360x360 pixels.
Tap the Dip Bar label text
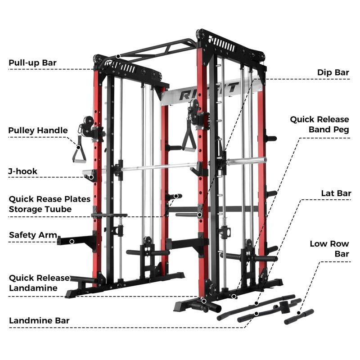333,72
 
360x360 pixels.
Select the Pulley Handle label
38,130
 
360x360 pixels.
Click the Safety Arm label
33,235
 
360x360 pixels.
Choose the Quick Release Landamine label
40,283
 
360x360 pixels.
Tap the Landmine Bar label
39,321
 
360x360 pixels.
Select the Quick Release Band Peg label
319,124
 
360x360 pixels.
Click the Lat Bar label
336,193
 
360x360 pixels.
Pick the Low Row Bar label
329,249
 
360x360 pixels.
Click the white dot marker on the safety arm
72,242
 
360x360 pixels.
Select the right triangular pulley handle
188,137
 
